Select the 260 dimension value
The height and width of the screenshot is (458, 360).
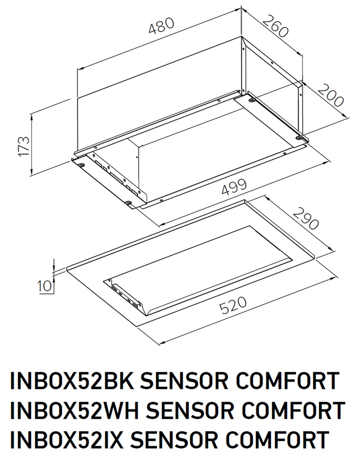tap(276, 27)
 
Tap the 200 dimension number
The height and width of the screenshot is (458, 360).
tap(331, 95)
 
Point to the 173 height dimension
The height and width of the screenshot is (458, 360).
tap(24, 146)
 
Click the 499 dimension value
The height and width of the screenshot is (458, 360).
tap(234, 187)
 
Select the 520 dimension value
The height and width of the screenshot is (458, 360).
tap(233, 306)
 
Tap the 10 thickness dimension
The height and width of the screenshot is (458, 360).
tap(44, 286)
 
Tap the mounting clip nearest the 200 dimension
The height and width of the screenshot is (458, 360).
tap(299, 137)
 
